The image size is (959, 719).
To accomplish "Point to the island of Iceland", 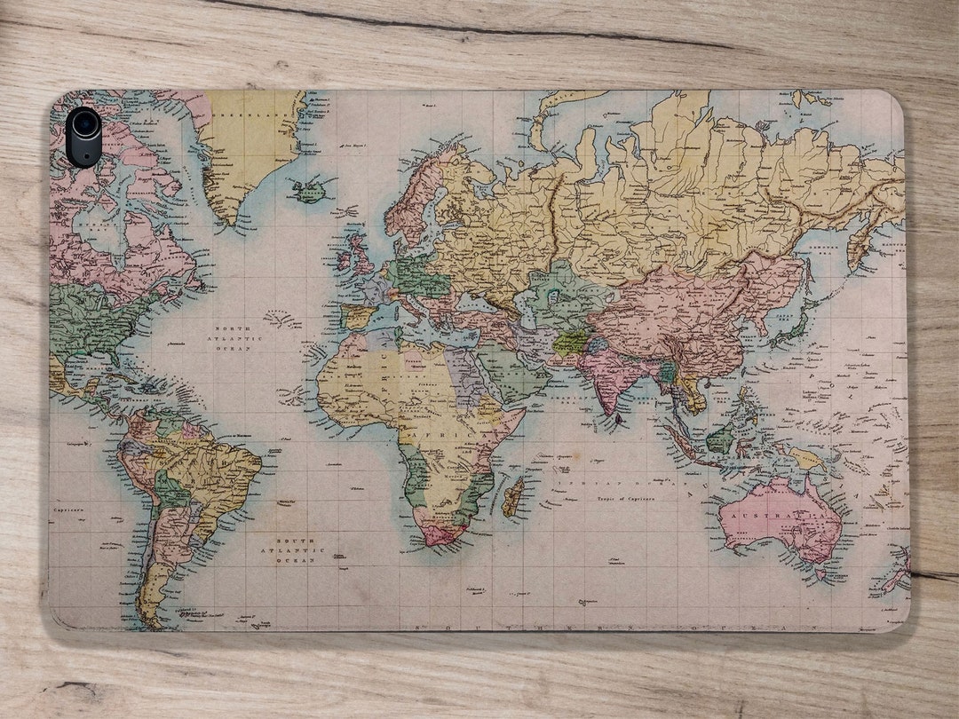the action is pyautogui.click(x=310, y=190).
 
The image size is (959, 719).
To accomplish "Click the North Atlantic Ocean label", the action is pyautogui.click(x=235, y=338).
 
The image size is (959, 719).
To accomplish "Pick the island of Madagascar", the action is pyautogui.click(x=513, y=497).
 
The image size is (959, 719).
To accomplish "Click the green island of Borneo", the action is pyautogui.click(x=722, y=437).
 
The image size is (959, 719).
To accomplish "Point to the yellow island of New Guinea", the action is pyautogui.click(x=808, y=458).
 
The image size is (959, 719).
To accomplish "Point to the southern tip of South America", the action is pyautogui.click(x=152, y=616).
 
